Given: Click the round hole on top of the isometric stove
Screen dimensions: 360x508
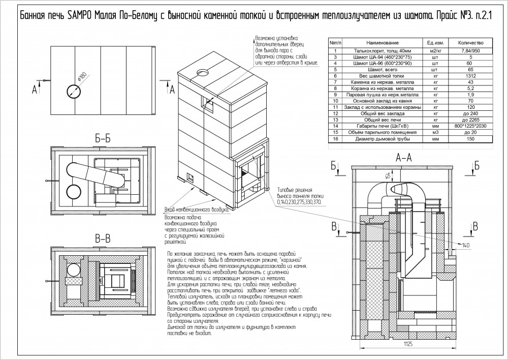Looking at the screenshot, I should point(203,71).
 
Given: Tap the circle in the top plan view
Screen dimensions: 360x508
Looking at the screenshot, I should point(73,91).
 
